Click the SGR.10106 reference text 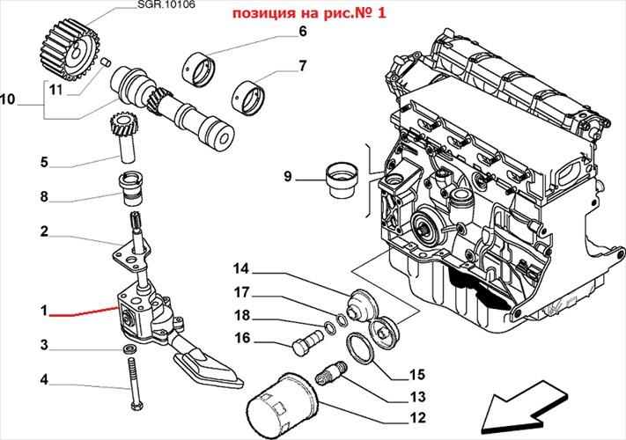[166, 5]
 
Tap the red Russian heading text [309, 13]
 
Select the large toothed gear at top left [70, 49]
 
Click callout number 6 [302, 31]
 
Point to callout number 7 [303, 65]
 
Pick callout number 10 [8, 99]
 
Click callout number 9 [288, 176]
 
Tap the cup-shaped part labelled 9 [342, 180]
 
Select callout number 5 [44, 162]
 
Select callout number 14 [241, 269]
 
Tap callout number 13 [418, 397]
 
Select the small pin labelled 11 [106, 62]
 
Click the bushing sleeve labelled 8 [130, 188]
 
